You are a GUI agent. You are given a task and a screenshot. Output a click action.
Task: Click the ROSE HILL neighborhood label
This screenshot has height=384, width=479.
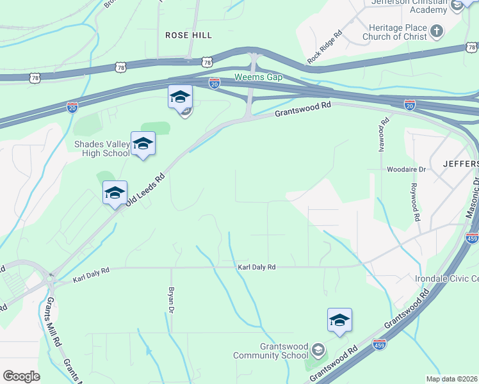click(188, 35)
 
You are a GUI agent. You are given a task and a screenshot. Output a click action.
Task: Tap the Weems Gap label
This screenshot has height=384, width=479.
click(258, 76)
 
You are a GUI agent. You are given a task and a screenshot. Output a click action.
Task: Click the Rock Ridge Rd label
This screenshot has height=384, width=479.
click(324, 46)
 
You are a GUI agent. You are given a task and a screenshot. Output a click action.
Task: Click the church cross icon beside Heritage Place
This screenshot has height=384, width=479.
click(436, 31)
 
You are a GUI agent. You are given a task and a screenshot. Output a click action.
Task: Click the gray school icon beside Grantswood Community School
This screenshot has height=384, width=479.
click(318, 350)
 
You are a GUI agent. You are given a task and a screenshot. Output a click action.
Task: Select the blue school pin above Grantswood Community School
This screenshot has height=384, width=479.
click(339, 321)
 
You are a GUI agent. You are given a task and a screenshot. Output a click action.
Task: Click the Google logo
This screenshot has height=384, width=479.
click(21, 376)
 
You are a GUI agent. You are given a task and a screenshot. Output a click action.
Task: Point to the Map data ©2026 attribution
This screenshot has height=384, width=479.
click(451, 379)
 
